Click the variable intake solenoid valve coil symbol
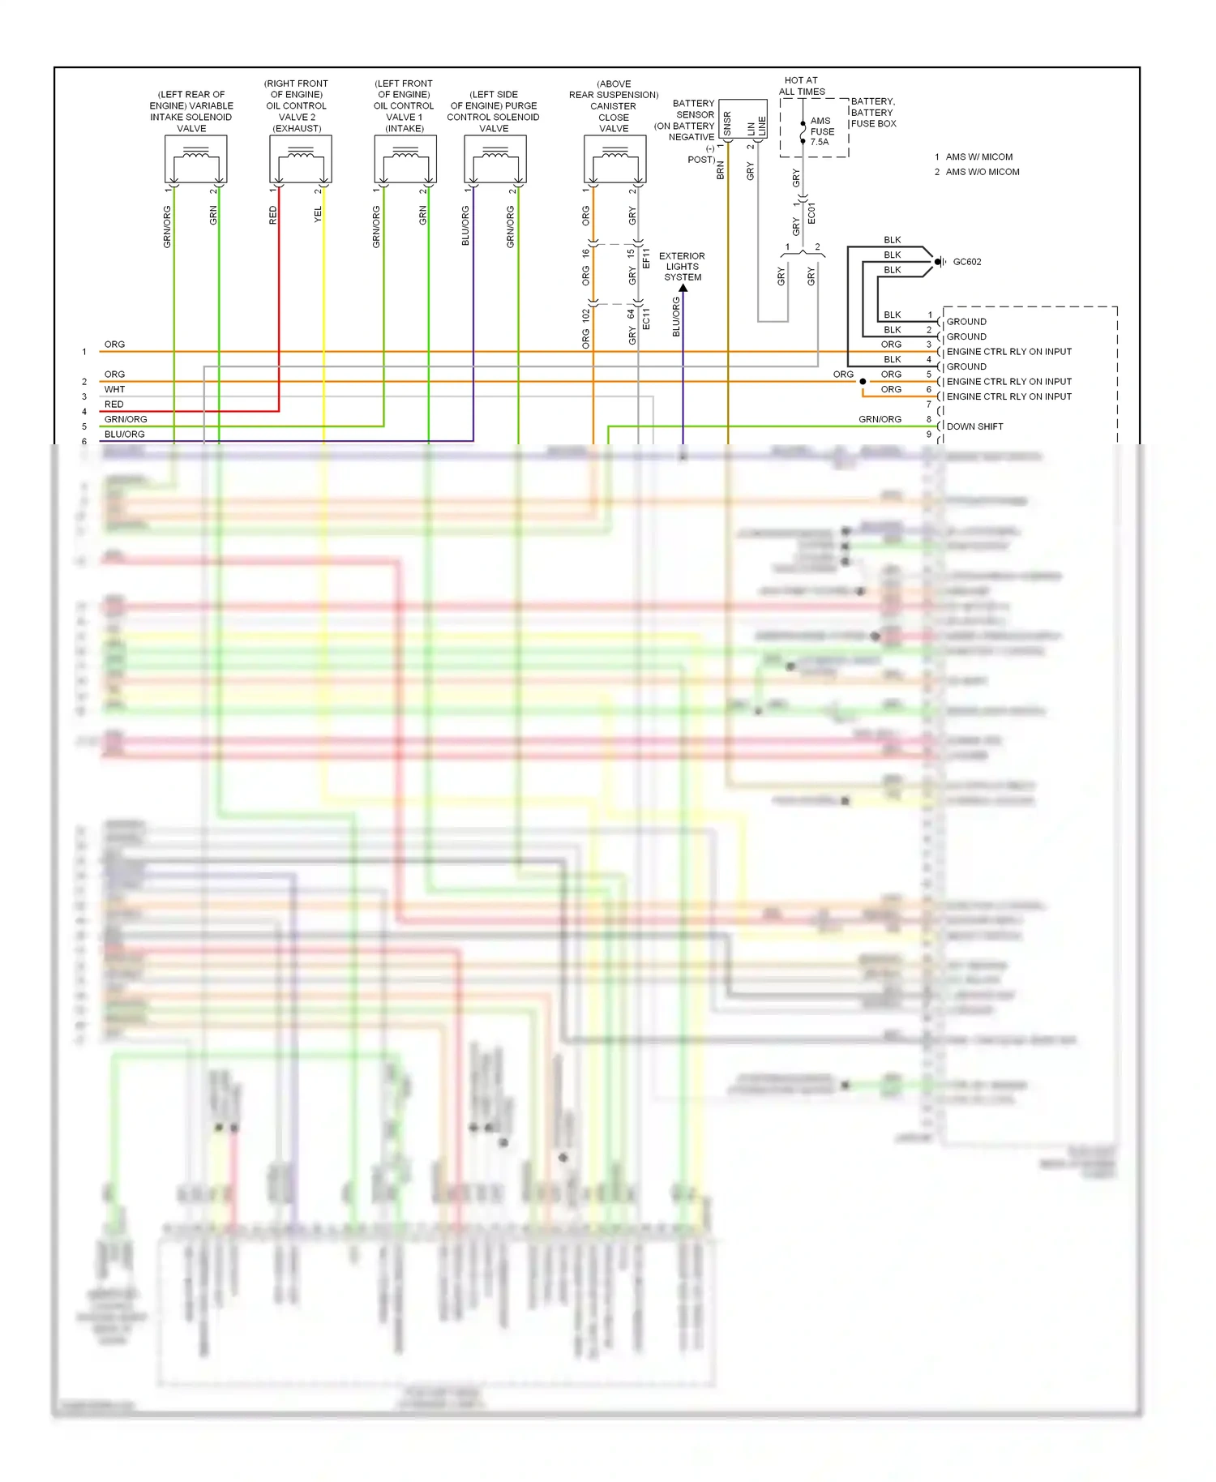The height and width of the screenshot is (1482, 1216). [195, 159]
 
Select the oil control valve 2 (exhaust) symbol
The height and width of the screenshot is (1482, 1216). [301, 159]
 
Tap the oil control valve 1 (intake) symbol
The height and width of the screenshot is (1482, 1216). [405, 159]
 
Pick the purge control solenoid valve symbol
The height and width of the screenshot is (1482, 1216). [495, 159]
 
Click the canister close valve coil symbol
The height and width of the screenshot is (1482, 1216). [614, 159]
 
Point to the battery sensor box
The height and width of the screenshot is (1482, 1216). [743, 119]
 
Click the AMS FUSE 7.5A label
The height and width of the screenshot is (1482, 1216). [821, 131]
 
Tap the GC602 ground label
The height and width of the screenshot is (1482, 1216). [966, 262]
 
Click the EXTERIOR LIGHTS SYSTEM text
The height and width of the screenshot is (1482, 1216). [683, 267]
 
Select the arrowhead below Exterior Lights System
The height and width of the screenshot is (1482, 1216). [683, 288]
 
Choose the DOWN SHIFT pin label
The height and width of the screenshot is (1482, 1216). [974, 426]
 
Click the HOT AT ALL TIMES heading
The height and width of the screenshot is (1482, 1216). [802, 86]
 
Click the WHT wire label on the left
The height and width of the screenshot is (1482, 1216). [114, 389]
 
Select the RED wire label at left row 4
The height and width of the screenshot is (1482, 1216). [113, 405]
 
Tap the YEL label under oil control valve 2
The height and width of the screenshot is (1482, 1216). [318, 214]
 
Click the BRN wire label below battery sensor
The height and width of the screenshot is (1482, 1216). [720, 170]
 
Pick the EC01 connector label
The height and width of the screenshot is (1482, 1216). [811, 212]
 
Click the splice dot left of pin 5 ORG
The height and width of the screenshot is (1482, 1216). [863, 381]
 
